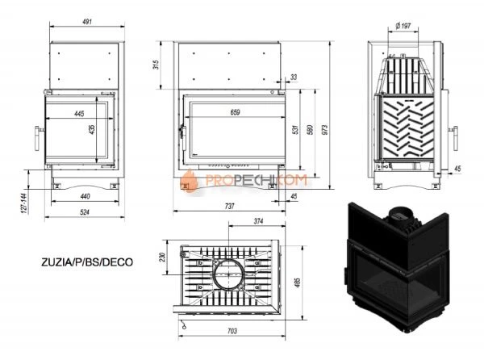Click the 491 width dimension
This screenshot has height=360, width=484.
83,24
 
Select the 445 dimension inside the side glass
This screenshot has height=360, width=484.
79,114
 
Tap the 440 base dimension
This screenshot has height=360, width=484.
86,196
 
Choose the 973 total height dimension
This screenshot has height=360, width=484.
326,131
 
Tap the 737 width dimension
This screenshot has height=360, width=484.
230,207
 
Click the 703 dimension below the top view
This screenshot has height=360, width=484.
231,331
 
